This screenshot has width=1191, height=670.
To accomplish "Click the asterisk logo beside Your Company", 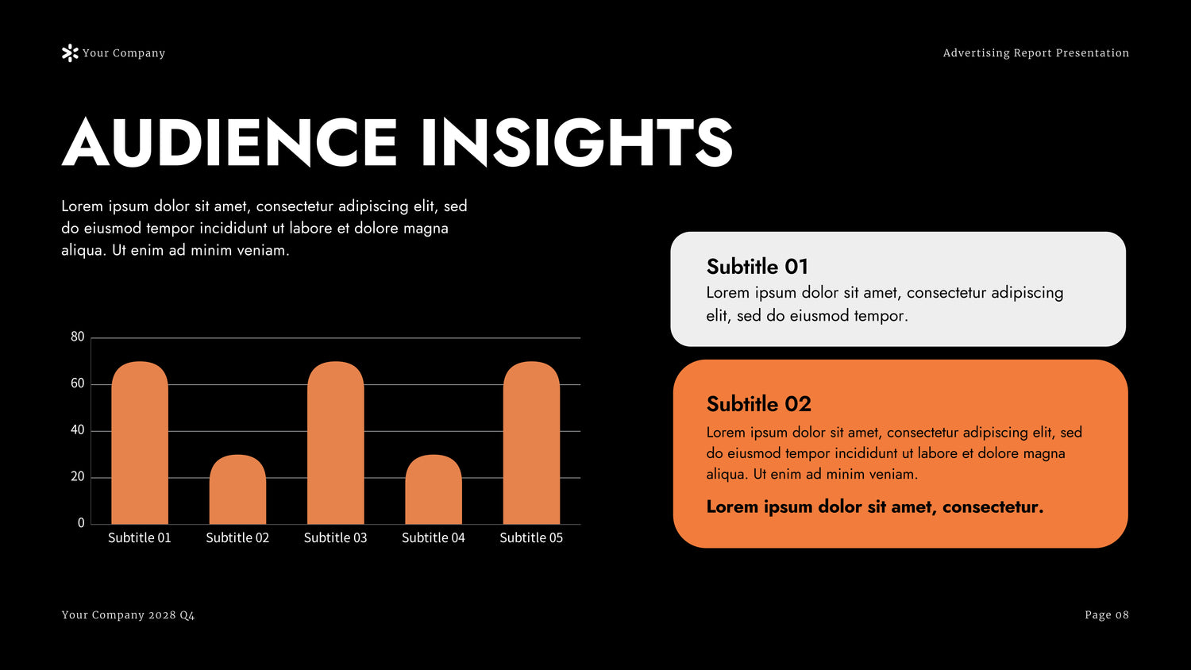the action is tap(70, 53).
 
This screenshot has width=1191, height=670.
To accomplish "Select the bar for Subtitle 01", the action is tap(140, 443).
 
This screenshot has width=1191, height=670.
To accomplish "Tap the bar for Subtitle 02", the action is tap(237, 489).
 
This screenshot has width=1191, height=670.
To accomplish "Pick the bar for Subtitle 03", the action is tap(336, 443).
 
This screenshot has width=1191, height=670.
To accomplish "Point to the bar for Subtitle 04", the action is tap(434, 489).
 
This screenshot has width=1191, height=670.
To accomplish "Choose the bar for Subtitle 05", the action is tap(532, 443).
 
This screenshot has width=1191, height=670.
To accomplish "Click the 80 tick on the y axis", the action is tap(78, 337).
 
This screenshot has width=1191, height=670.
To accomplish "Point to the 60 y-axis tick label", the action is tap(78, 383).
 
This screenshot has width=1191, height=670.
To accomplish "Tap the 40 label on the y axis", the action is tap(78, 429).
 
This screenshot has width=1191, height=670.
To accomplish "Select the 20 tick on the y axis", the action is tap(78, 476).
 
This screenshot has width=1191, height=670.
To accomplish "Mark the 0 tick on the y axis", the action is tap(81, 523).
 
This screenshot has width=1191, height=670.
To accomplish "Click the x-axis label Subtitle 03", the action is tap(336, 537).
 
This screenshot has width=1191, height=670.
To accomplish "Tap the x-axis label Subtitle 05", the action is tap(531, 537).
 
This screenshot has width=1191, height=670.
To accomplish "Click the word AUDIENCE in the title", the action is tap(229, 143).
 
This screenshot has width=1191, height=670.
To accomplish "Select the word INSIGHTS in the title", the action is tap(577, 143).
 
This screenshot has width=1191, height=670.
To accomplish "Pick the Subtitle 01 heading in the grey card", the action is tap(757, 267).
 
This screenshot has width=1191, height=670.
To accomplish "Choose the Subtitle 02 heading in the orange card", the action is tap(759, 404).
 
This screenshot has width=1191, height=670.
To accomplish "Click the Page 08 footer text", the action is tap(1107, 615).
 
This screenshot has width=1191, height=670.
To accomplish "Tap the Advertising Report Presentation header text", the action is tap(1036, 53).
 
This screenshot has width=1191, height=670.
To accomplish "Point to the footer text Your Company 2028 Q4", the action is tap(128, 615).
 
